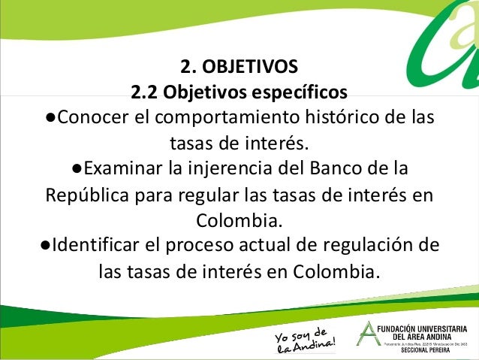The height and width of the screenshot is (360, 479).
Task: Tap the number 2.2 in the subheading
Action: (145, 93)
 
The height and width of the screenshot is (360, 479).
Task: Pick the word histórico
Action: (338, 119)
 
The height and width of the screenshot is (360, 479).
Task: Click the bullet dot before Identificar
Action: (47, 245)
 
